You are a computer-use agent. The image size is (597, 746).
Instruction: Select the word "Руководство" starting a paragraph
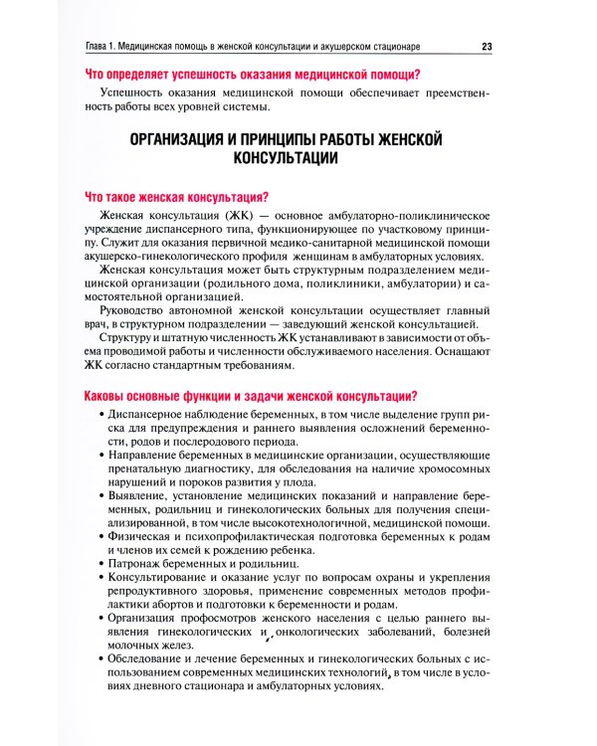coord(135,317)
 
